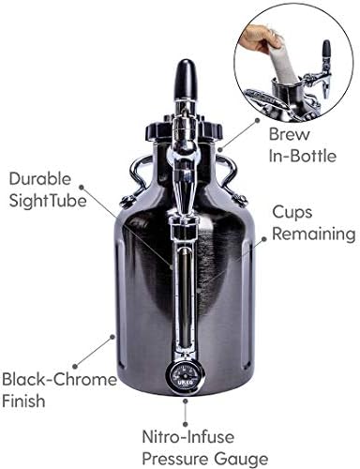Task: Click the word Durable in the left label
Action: [x=40, y=179]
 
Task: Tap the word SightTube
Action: [x=48, y=200]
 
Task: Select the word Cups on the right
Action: [x=292, y=213]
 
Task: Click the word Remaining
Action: [x=314, y=234]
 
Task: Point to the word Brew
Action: [x=290, y=134]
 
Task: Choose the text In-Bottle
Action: [x=303, y=156]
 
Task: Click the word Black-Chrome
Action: [x=59, y=379]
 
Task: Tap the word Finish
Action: [x=23, y=401]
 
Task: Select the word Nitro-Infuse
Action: [x=188, y=436]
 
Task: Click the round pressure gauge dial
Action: [x=184, y=377]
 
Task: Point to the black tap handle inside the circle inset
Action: [x=326, y=52]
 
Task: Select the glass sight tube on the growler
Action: [x=184, y=295]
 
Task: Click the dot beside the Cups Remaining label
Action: [x=264, y=239]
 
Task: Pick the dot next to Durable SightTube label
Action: [x=82, y=188]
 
